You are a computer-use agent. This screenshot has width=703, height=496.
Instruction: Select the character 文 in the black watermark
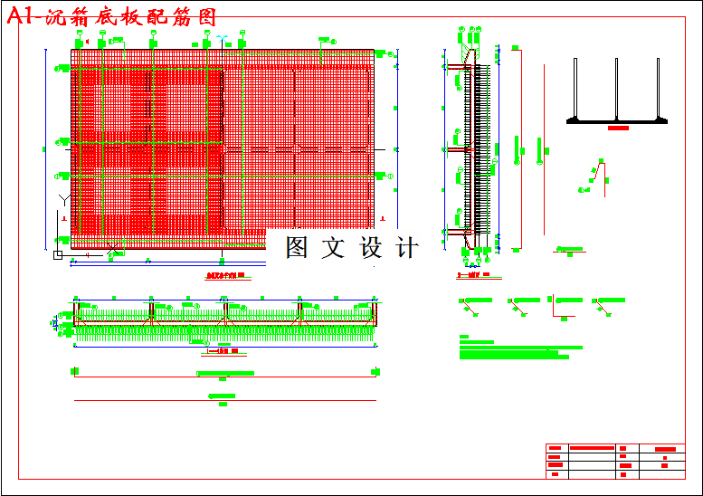(x=334, y=247)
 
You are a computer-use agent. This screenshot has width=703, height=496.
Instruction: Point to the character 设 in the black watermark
(x=372, y=247)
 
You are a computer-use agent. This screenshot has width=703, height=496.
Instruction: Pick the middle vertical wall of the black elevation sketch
(x=616, y=88)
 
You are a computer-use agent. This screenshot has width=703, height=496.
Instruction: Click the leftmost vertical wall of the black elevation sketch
(x=575, y=88)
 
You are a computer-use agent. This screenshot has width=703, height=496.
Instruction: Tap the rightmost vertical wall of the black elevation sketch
(x=657, y=88)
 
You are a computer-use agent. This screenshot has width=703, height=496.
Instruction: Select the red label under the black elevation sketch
(x=618, y=129)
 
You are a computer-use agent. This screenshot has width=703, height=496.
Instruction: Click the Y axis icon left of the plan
(x=62, y=198)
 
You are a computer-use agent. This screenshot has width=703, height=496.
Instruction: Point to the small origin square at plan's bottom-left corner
(x=58, y=255)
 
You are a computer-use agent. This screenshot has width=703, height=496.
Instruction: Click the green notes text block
(x=520, y=349)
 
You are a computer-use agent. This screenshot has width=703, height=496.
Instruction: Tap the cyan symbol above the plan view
(x=221, y=39)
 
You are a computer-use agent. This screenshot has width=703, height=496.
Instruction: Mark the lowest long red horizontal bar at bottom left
(x=224, y=401)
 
